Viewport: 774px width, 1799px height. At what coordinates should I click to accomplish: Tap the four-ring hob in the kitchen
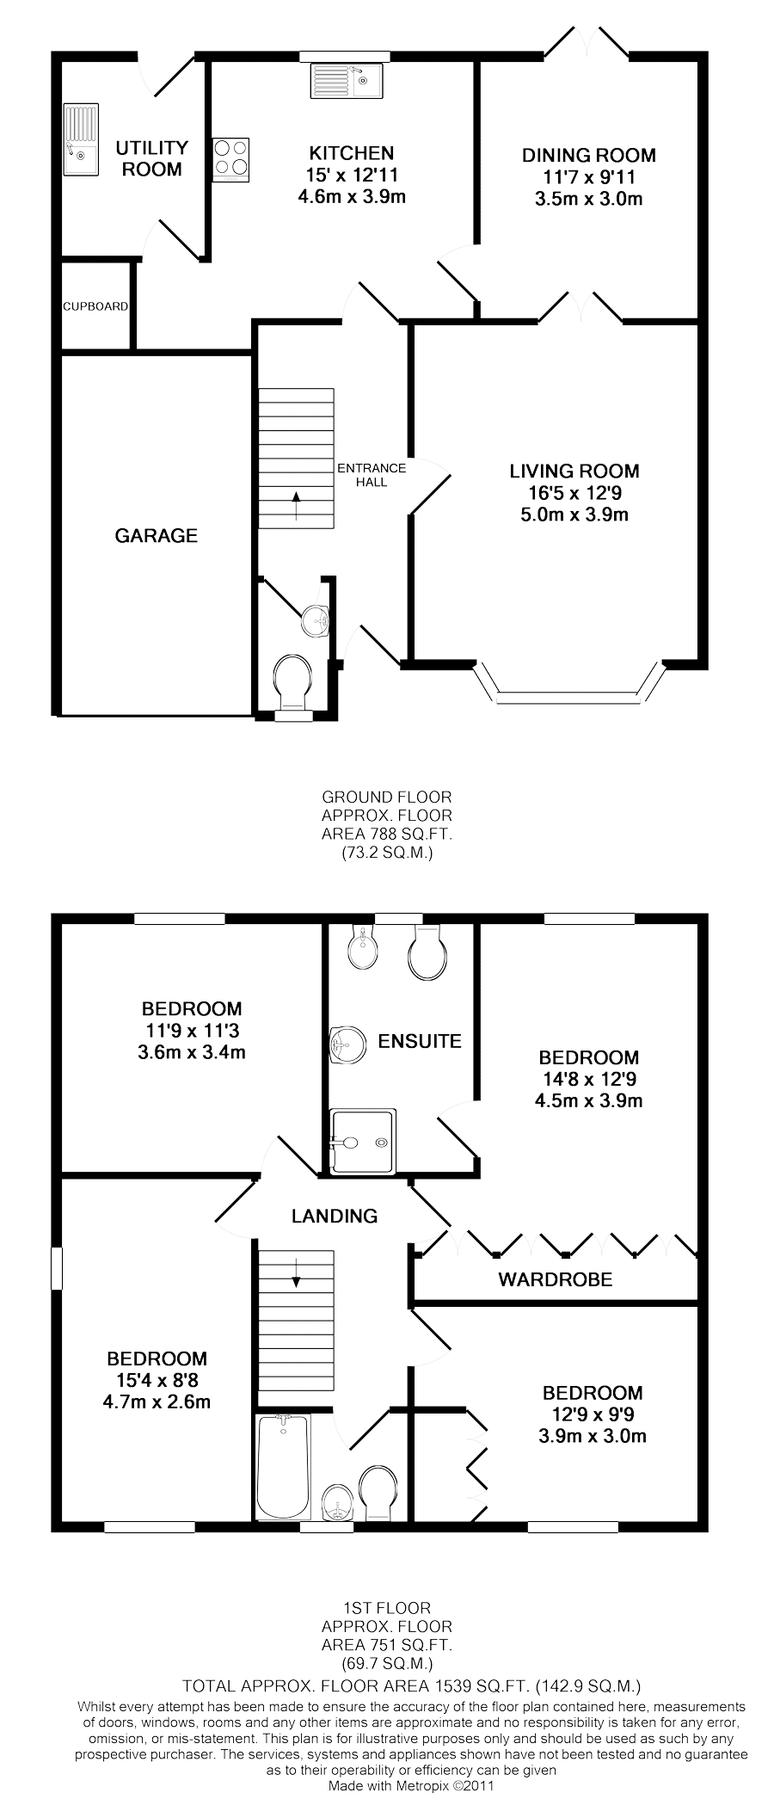click(x=230, y=159)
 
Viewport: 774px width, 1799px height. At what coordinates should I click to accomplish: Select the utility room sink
click(x=82, y=139)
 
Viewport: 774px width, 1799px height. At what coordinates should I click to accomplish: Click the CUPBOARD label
click(x=95, y=306)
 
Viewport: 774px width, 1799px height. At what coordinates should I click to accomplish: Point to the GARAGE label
click(x=156, y=536)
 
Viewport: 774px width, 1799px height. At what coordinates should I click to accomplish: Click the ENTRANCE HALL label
click(x=372, y=475)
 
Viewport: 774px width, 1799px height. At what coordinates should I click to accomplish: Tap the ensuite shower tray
click(x=363, y=1142)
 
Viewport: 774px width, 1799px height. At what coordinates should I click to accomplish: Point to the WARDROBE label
click(x=556, y=1279)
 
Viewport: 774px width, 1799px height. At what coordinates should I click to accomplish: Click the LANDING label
click(x=335, y=1216)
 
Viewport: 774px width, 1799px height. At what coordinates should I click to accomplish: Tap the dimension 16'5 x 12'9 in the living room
click(x=574, y=494)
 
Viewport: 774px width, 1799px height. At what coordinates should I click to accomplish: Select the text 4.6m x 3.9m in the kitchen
click(x=352, y=196)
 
